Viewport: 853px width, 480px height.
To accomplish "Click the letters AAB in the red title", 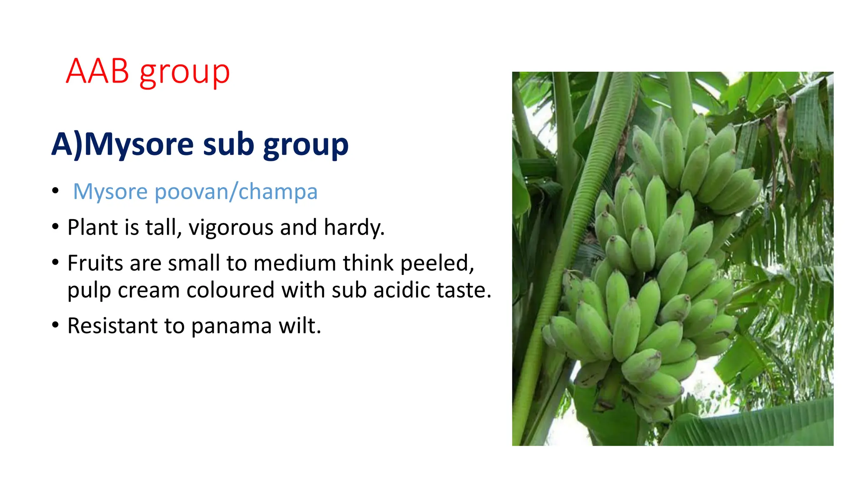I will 97,71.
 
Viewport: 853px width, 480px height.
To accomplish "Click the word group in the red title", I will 185,73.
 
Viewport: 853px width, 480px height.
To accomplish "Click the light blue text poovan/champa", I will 236,192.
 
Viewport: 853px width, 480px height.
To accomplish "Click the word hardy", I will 354,228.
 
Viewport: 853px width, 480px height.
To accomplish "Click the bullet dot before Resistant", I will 55,325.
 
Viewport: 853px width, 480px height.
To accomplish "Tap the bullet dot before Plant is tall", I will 55,227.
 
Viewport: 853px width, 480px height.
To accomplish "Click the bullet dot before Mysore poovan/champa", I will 55,191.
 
